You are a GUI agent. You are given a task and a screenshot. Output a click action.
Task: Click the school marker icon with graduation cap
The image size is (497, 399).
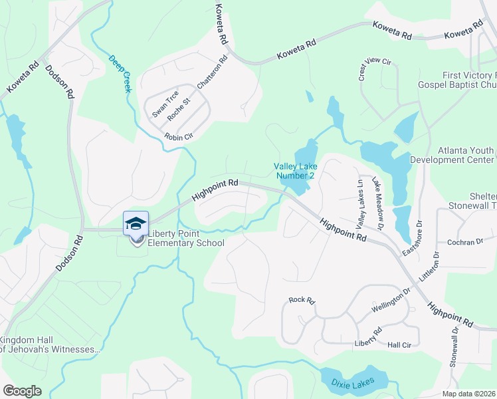click(x=136, y=223)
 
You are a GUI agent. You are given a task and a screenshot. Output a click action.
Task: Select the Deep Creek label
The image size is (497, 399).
click(x=120, y=72)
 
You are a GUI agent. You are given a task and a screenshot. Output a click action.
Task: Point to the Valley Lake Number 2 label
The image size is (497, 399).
click(x=295, y=171)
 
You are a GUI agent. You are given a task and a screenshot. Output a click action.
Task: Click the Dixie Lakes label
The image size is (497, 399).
click(x=352, y=382)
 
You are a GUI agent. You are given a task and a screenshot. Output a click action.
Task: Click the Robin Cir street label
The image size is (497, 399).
click(x=179, y=136)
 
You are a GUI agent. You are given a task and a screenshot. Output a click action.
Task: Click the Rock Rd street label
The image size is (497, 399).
click(x=301, y=300)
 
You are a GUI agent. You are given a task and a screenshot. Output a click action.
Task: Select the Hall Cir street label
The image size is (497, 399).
click(x=401, y=344)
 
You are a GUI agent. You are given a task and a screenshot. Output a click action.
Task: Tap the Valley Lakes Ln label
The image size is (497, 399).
click(x=361, y=201)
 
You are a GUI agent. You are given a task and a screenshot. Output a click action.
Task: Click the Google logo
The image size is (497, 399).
click(x=23, y=391)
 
